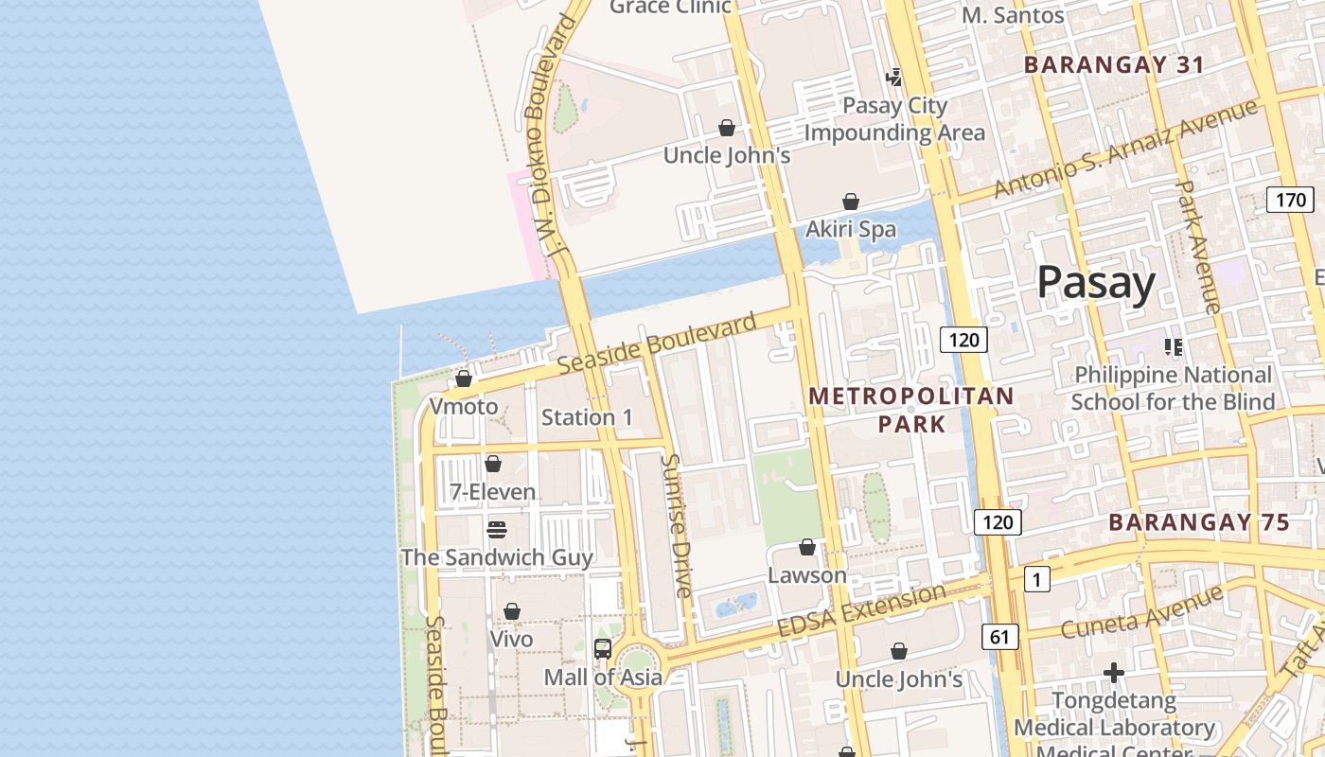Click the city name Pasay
(x=1096, y=282)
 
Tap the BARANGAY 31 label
(x=1114, y=64)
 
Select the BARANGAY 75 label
(x=1198, y=522)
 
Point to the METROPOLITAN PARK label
(x=910, y=410)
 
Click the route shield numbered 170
(x=1290, y=200)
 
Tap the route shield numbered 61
(x=1000, y=638)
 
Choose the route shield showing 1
(x=1036, y=579)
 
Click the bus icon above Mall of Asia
(x=603, y=649)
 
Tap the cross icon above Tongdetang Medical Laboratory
(x=1114, y=673)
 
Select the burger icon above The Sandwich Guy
(x=497, y=529)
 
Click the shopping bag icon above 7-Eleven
(x=492, y=464)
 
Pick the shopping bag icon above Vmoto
(x=464, y=378)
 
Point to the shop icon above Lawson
(x=807, y=547)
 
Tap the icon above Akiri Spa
(x=851, y=202)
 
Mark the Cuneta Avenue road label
(x=1141, y=611)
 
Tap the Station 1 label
(x=587, y=417)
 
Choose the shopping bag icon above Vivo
(x=512, y=611)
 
